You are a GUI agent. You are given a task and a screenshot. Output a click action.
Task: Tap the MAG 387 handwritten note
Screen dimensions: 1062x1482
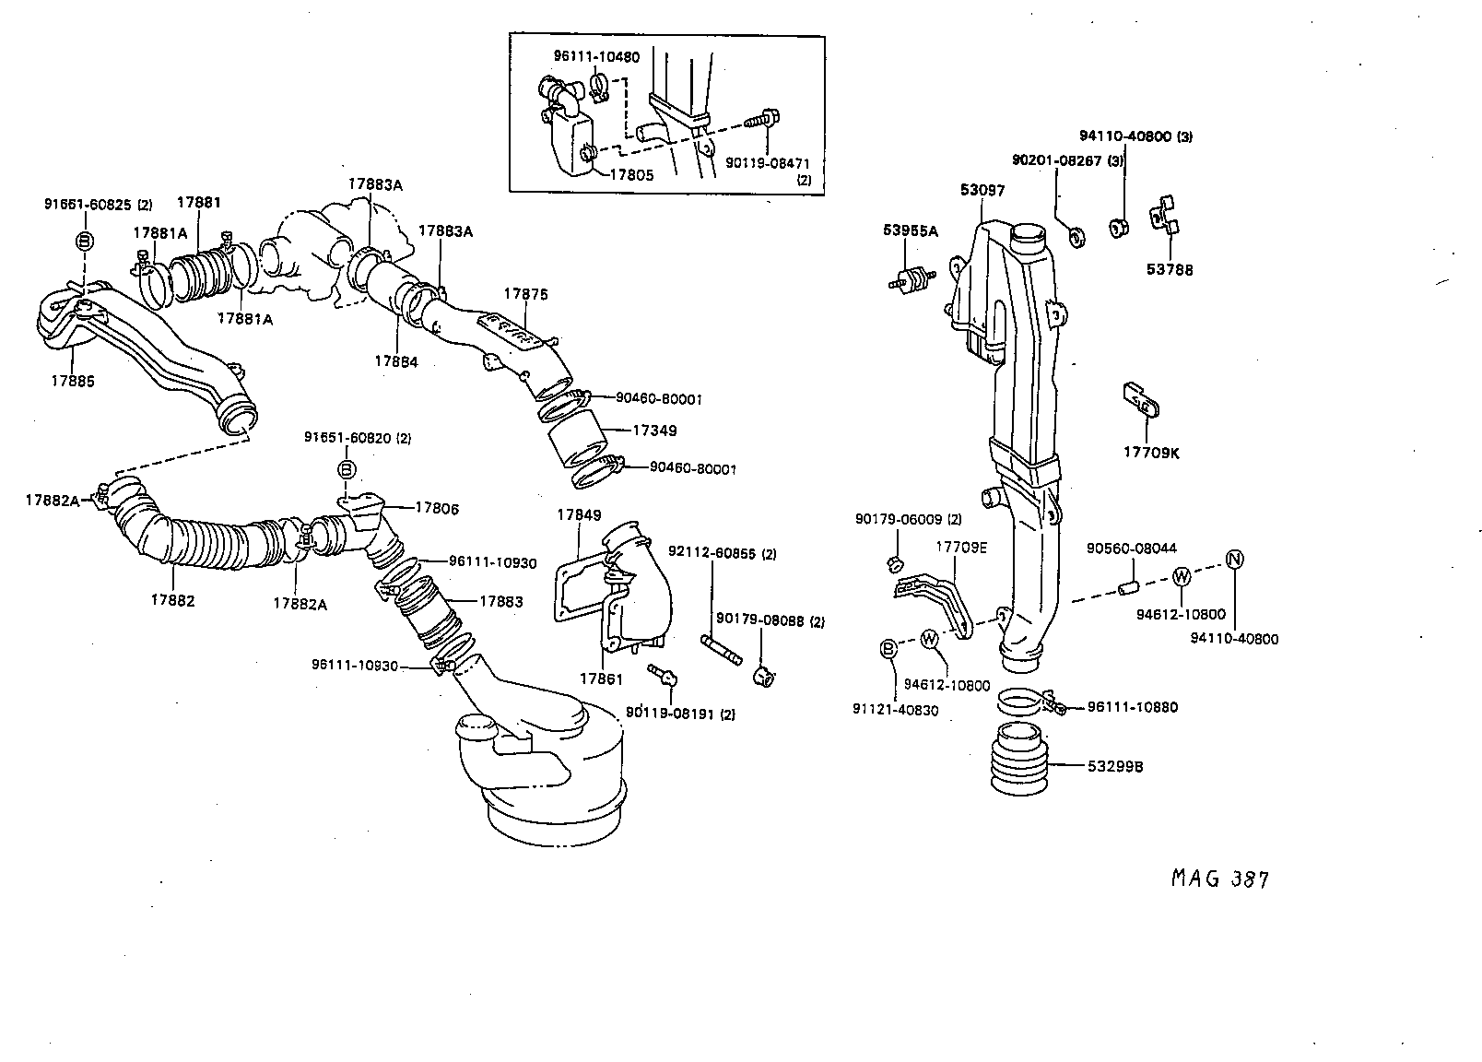1219,879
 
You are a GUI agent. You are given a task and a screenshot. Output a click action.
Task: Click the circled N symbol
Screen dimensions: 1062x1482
1236,558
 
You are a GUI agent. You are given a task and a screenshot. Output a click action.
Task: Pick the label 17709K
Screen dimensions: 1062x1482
1150,453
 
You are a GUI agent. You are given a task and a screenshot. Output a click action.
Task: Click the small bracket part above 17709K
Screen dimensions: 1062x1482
1139,400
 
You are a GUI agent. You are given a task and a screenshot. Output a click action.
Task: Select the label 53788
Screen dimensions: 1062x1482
1170,270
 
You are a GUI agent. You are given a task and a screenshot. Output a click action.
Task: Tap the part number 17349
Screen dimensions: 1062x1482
654,431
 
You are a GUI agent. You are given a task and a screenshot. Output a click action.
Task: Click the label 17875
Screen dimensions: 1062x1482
525,294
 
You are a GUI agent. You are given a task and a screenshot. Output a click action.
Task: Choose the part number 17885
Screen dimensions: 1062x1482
72,380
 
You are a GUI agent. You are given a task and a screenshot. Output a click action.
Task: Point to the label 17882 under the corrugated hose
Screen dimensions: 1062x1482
172,600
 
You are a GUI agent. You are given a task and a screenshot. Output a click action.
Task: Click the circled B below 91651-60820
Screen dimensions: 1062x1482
347,470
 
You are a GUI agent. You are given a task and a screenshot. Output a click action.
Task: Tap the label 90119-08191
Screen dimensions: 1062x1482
670,714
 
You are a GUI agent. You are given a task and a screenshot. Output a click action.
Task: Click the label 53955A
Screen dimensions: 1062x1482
909,230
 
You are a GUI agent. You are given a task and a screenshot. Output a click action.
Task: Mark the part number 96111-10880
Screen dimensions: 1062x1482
1132,707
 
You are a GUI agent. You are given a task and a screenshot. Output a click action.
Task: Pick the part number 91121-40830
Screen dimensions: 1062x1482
897,710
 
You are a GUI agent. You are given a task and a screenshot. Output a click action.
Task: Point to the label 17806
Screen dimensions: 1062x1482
436,508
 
